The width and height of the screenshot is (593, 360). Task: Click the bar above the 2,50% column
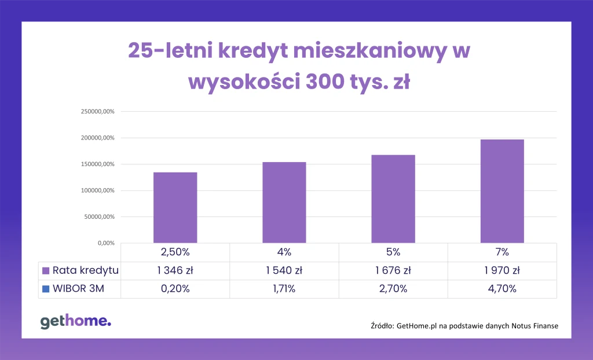[x=175, y=208]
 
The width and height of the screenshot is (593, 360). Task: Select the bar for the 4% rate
[x=284, y=203]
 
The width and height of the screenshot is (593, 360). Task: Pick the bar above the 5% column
[x=393, y=199]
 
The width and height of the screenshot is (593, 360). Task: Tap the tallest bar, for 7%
[x=502, y=191]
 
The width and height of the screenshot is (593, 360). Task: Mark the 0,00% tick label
[x=106, y=243]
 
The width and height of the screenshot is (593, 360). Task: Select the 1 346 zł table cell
[x=175, y=270]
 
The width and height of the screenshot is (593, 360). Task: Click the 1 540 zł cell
[x=284, y=270]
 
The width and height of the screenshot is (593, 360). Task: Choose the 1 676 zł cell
[x=393, y=270]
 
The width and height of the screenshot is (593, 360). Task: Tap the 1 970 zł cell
[x=502, y=270]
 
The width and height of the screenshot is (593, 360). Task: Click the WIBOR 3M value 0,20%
[x=175, y=289]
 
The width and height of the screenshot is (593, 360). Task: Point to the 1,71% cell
[x=284, y=289]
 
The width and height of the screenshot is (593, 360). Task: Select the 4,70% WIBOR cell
[x=502, y=289]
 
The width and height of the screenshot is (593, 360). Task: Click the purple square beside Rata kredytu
[x=46, y=270]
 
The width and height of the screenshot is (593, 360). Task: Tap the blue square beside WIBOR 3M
[x=46, y=289]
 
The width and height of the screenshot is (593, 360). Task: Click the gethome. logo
[x=75, y=322]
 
